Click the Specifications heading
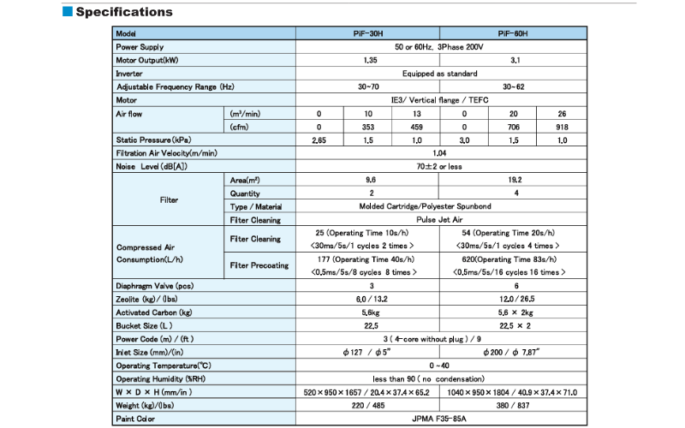click(x=124, y=12)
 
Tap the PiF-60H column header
click(x=513, y=33)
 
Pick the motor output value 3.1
click(x=513, y=60)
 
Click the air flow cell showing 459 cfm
click(x=416, y=126)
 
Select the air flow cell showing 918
click(x=563, y=126)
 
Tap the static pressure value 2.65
click(x=319, y=140)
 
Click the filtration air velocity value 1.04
click(x=439, y=152)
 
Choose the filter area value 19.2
click(x=513, y=180)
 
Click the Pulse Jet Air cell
click(x=439, y=219)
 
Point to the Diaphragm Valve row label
click(x=155, y=286)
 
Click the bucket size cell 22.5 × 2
click(x=513, y=326)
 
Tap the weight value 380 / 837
click(x=513, y=406)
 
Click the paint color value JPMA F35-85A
click(x=439, y=419)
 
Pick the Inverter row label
click(x=129, y=74)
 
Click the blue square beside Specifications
click(x=68, y=12)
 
